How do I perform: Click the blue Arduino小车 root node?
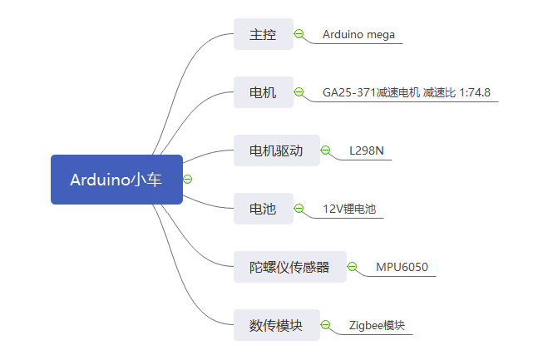tap(116, 180)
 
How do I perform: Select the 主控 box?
tap(264, 34)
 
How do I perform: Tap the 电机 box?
tap(264, 92)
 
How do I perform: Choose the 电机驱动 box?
tap(277, 150)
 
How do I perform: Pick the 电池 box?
tap(264, 209)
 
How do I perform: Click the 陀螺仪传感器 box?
tap(290, 267)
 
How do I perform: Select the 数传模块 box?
tap(277, 325)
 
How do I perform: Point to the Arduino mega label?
tap(358, 35)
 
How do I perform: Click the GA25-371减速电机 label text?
tap(371, 92)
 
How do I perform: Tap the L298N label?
tap(367, 150)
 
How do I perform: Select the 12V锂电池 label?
tap(349, 209)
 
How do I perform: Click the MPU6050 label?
tap(402, 267)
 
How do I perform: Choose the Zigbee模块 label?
tap(377, 325)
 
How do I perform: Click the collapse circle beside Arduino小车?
tap(188, 179)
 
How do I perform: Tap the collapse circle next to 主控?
tap(299, 33)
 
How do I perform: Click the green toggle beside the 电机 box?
tap(299, 91)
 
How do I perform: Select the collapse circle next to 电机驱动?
tap(325, 150)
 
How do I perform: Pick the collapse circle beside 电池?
tap(299, 208)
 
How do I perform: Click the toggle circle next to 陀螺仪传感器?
tap(353, 267)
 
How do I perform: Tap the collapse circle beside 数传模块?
tap(325, 324)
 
